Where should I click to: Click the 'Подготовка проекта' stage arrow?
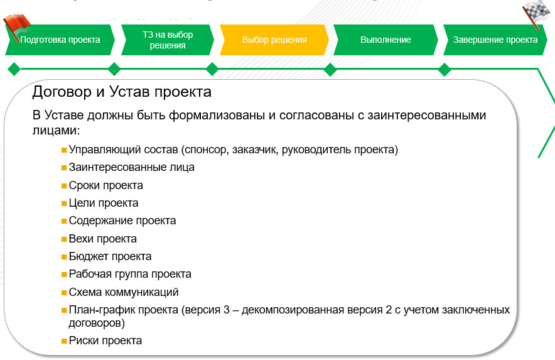coord(60,40)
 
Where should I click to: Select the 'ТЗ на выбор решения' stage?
coord(167,40)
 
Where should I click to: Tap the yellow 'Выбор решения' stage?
coord(274,40)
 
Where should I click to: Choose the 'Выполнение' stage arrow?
coord(385,40)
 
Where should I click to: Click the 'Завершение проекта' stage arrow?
coord(495,40)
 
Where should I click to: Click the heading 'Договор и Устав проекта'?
coord(121,92)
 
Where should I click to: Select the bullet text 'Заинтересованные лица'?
coord(131,168)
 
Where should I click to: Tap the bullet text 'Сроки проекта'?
coord(105,185)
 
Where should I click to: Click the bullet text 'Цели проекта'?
coord(103,203)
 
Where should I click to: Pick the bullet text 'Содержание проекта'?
coord(122,221)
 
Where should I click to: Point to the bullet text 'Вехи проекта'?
coord(102,239)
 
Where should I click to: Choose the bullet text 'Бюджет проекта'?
coord(110,256)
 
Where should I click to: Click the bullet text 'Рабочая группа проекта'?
coord(130,274)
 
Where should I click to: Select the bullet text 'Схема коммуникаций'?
coord(124,292)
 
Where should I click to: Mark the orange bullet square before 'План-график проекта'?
coord(64,310)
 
